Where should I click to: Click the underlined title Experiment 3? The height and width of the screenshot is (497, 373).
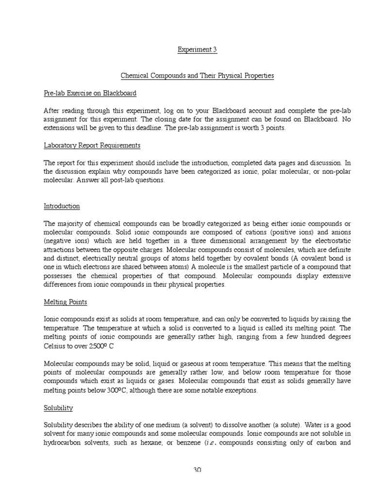pos(197,50)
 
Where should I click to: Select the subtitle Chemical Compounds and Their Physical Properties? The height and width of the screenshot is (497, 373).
pos(197,76)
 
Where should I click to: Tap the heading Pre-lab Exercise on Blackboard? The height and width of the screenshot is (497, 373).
pos(90,93)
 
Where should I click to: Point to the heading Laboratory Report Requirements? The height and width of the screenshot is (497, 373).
pos(92,145)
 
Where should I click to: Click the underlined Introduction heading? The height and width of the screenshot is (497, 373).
pos(62,206)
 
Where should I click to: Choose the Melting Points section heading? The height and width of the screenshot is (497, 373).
pos(66,302)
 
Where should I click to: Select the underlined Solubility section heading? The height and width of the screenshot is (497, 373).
pos(58,408)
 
